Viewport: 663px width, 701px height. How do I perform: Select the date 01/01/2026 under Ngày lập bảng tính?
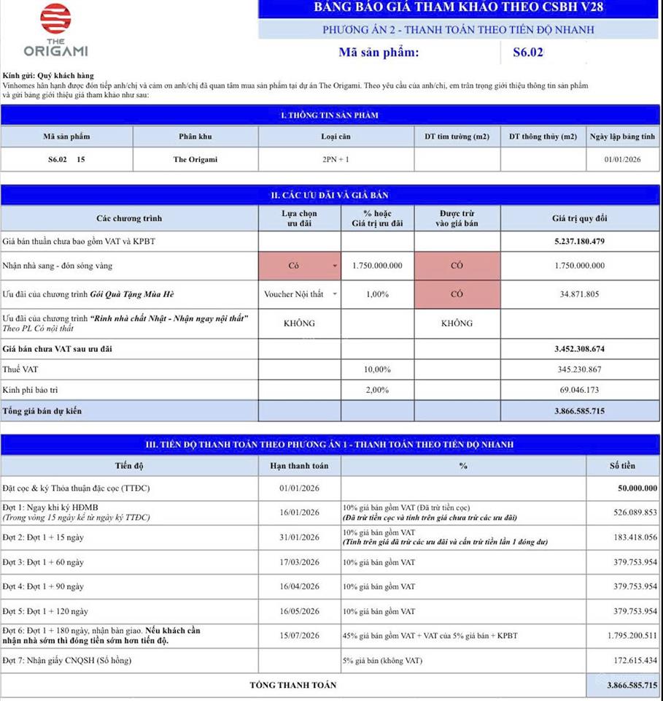pos(622,159)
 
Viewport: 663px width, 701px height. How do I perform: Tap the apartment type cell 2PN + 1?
pos(336,159)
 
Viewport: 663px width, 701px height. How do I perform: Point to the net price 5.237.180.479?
pos(579,241)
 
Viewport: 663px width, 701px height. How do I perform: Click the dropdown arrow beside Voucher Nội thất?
pos(335,294)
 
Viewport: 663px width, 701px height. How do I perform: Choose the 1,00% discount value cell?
pos(377,294)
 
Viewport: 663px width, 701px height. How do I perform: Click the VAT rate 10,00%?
pos(377,369)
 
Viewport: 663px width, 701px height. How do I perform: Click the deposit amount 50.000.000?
pos(632,488)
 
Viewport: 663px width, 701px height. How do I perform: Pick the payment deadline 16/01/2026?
pos(299,513)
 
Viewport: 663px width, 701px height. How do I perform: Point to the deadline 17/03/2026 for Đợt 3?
pos(299,562)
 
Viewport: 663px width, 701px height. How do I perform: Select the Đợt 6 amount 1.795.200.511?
pos(627,636)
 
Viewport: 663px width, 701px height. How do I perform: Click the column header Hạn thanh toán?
pos(299,465)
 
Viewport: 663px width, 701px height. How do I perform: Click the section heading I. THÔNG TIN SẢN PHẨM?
pos(330,115)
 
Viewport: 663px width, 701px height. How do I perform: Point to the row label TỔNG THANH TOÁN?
pos(293,685)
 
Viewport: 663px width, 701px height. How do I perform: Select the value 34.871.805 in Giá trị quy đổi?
pos(579,294)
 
